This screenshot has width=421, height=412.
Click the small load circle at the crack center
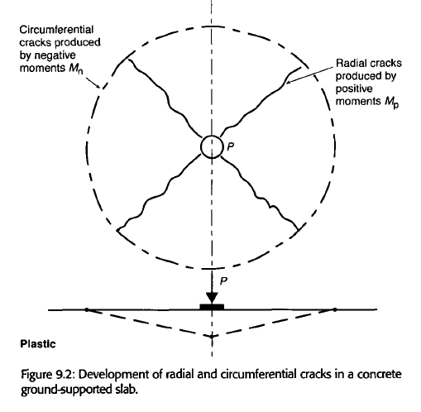(x=212, y=137)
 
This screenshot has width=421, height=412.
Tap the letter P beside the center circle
(x=231, y=147)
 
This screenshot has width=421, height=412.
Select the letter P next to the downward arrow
(x=223, y=281)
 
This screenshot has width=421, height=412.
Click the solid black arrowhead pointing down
(x=212, y=298)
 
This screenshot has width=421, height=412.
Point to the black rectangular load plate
(x=212, y=307)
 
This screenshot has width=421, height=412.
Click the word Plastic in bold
(x=38, y=344)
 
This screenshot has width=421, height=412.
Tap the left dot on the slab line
(x=87, y=309)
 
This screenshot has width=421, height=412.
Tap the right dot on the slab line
(x=335, y=309)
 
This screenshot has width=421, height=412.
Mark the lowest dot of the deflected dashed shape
(x=212, y=337)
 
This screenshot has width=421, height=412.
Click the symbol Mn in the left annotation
(x=76, y=69)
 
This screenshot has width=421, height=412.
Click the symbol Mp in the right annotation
(x=391, y=103)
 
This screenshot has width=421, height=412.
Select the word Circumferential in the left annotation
(x=56, y=30)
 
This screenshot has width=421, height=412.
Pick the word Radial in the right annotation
(x=351, y=64)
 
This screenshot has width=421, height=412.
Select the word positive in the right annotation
(x=354, y=89)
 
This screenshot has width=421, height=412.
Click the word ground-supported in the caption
(x=65, y=390)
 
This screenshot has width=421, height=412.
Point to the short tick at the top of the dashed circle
(x=212, y=26)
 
